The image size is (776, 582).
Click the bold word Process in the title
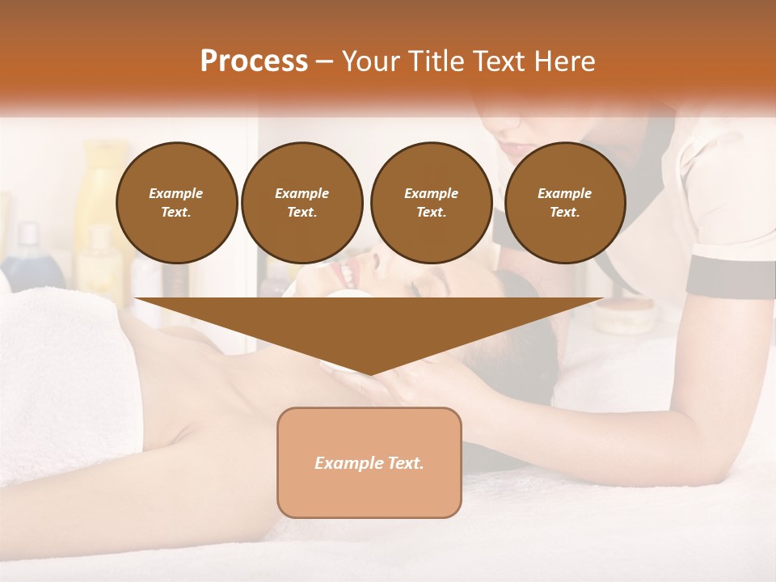[x=254, y=61]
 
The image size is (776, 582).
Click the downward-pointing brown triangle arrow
[x=369, y=331]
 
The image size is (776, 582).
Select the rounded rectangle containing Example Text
[x=369, y=493]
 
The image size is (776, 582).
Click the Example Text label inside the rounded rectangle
[x=369, y=463]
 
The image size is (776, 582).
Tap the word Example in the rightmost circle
[x=564, y=193]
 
